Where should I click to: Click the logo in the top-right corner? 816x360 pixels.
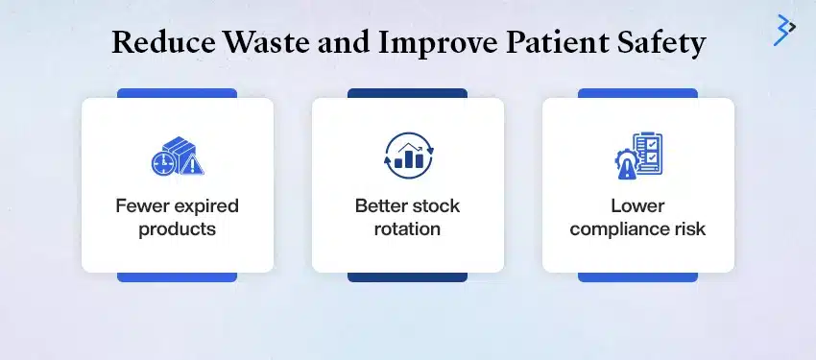point(784,29)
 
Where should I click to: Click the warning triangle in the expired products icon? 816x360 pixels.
point(193,165)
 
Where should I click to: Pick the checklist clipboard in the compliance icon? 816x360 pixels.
point(648,154)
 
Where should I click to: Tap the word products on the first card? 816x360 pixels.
point(177,229)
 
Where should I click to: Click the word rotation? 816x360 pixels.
point(408,229)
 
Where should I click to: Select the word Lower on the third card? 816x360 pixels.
point(638,206)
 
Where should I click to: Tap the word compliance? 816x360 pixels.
point(619,229)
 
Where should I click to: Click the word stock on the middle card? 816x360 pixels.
point(437,206)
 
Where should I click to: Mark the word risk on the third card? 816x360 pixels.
point(688,229)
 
